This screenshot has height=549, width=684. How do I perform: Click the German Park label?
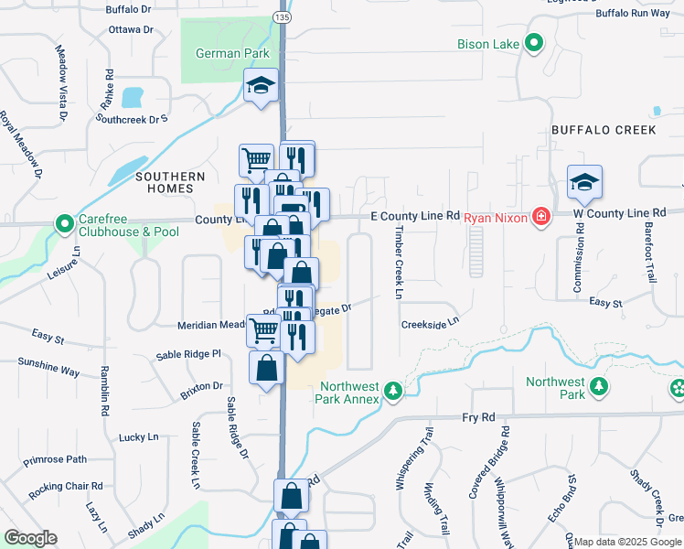pyautogui.click(x=232, y=53)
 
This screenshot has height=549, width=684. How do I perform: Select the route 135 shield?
pyautogui.click(x=280, y=16)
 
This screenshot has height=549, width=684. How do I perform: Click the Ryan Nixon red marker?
pyautogui.click(x=541, y=217)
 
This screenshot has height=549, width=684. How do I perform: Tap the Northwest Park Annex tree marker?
pyautogui.click(x=393, y=391)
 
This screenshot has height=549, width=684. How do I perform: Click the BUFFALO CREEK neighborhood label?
pyautogui.click(x=603, y=130)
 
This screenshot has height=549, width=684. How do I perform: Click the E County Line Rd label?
pyautogui.click(x=414, y=215)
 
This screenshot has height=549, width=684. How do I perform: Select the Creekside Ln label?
pyautogui.click(x=429, y=324)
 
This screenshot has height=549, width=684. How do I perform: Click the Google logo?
pyautogui.click(x=31, y=538)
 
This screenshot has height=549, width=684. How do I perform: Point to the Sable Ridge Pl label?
pyautogui.click(x=188, y=354)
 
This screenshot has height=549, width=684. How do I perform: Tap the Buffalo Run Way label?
pyautogui.click(x=632, y=13)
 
